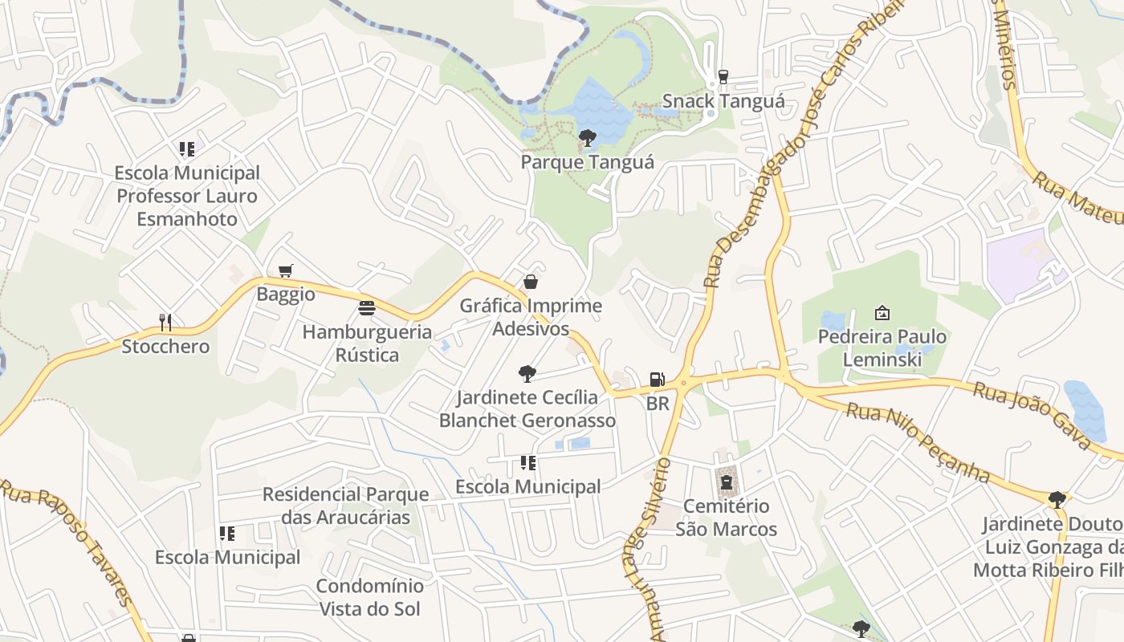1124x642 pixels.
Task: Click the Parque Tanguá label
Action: (587, 162)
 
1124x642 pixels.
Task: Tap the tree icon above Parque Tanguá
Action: (587, 138)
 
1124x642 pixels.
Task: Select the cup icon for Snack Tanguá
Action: (723, 77)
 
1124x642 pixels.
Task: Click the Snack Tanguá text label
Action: (723, 102)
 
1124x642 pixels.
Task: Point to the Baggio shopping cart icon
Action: (285, 271)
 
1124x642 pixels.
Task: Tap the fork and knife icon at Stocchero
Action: (165, 323)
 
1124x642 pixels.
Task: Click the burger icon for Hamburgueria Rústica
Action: (367, 308)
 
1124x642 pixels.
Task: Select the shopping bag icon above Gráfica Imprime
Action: (530, 282)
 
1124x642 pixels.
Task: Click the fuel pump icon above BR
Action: (657, 380)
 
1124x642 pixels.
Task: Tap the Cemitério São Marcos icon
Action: (726, 482)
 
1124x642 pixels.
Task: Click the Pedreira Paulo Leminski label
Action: (882, 347)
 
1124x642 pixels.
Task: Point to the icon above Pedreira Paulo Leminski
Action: (882, 313)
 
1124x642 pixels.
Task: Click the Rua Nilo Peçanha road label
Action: (918, 442)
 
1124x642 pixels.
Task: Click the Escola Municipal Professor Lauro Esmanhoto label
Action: (187, 196)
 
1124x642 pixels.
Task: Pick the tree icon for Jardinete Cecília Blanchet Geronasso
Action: (527, 373)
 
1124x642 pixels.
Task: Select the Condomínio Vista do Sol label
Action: (369, 597)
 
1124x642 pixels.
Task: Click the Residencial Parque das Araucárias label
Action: (345, 505)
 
